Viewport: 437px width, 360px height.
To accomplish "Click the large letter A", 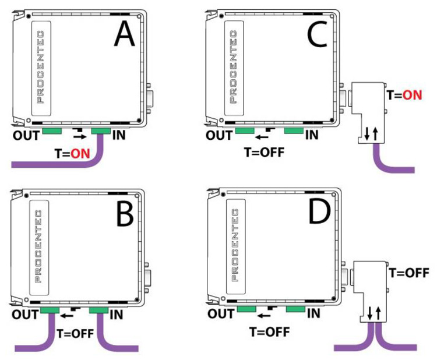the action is click(124, 34).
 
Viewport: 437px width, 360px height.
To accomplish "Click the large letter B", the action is click(125, 213).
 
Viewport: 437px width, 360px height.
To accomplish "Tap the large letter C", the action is click(317, 34).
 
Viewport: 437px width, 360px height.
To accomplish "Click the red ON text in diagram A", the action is click(80, 154).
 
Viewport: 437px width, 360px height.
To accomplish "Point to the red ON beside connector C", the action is click(413, 96).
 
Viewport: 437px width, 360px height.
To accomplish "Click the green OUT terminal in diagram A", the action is click(52, 131).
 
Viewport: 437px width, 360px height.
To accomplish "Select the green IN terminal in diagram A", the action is click(101, 131).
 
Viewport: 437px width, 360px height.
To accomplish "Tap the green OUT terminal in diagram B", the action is click(50, 310).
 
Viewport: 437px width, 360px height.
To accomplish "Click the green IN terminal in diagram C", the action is click(294, 130).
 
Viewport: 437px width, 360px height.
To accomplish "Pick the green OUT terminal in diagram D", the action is click(246, 309).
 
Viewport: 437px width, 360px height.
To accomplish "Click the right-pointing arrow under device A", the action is click(80, 137).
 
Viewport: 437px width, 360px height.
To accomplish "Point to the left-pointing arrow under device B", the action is click(67, 316).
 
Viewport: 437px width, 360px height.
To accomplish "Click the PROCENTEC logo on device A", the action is click(41, 68).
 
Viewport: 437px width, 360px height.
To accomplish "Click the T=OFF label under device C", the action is click(264, 153).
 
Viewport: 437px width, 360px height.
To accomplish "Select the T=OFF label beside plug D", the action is click(409, 273).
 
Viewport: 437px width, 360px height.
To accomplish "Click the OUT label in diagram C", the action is click(218, 135).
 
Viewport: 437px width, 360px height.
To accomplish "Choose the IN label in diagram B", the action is click(117, 315).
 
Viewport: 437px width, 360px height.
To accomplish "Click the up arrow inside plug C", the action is click(375, 133).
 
